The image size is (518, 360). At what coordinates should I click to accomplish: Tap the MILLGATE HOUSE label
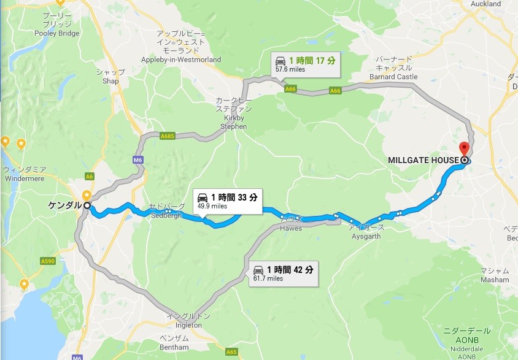[423, 161]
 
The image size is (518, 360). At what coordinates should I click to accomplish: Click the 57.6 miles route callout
[305, 64]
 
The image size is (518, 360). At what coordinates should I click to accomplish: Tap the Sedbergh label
[165, 211]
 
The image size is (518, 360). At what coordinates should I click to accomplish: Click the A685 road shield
[168, 136]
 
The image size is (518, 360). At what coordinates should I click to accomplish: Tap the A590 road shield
[48, 261]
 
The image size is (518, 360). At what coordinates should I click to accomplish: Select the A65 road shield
[231, 353]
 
